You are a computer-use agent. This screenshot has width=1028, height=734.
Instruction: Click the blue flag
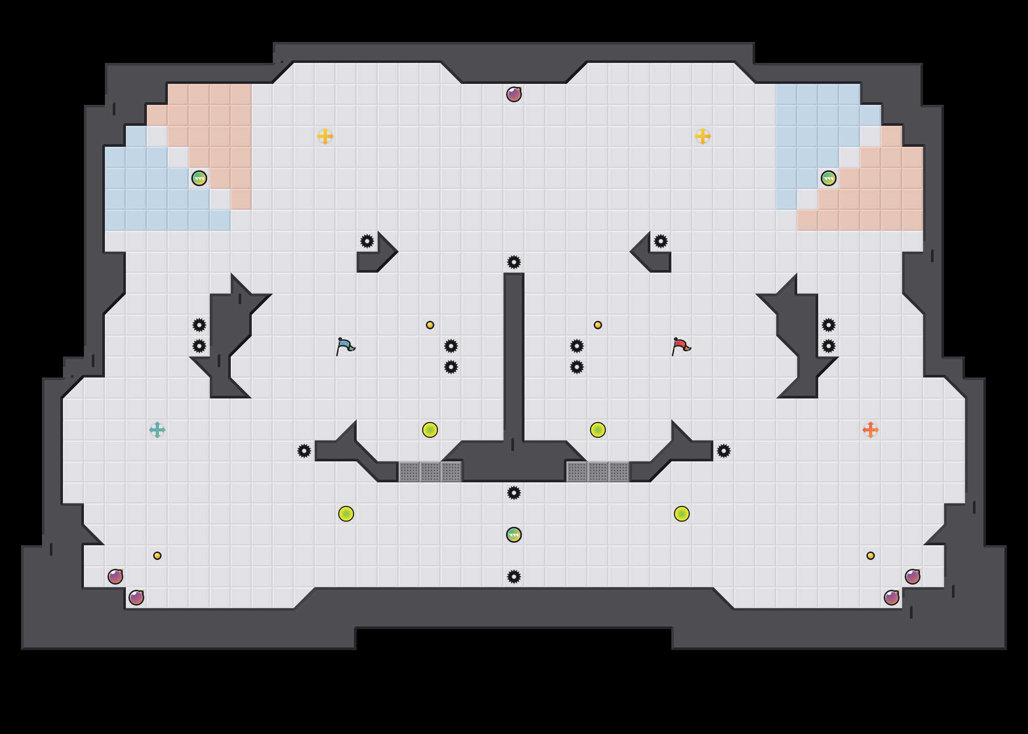345,346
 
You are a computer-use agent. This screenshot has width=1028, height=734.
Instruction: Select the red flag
681,346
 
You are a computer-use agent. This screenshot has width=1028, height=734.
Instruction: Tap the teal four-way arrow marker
157,430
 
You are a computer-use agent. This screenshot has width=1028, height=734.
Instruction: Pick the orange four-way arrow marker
871,430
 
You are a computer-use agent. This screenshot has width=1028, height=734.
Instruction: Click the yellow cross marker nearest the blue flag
325,136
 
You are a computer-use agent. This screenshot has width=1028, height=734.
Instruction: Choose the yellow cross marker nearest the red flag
703,136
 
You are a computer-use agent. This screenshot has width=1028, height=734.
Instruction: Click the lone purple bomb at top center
514,94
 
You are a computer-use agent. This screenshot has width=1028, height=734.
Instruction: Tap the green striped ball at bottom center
514,535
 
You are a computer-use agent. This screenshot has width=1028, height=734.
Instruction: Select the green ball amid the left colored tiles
199,178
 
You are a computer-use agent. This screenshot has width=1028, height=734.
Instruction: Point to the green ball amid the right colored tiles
829,178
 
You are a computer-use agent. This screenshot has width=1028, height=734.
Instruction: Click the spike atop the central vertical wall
514,262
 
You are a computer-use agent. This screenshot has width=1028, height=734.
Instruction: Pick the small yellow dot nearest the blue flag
430,325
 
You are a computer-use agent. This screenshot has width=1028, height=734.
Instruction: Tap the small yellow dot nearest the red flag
598,325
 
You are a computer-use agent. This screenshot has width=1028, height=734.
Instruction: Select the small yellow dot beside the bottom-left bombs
157,556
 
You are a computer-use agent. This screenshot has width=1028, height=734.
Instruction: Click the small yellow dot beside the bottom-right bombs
871,556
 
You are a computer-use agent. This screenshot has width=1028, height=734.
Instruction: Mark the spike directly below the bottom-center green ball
514,577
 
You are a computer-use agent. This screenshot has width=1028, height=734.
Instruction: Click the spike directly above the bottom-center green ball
514,493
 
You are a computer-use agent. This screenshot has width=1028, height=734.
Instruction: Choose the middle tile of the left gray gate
430,472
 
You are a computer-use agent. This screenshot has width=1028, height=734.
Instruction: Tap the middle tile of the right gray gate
598,472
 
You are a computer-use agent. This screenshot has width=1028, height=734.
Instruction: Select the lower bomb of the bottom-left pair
136,598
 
